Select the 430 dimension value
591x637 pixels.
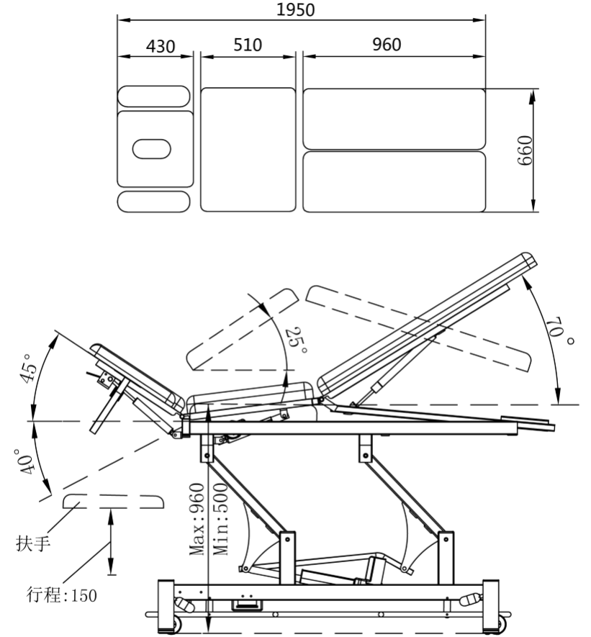[x=160, y=46]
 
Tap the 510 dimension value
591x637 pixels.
[x=248, y=45]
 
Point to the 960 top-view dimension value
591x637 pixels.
[x=387, y=45]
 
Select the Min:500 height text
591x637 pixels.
[x=220, y=519]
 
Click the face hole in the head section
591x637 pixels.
[x=152, y=149]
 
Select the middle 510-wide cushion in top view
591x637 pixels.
[x=248, y=149]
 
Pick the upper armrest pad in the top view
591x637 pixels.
[x=154, y=96]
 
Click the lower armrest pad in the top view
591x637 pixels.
[x=154, y=202]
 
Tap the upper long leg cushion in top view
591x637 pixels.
[x=394, y=118]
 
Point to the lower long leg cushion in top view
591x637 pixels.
[x=394, y=181]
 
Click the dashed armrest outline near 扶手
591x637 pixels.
[x=111, y=502]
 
